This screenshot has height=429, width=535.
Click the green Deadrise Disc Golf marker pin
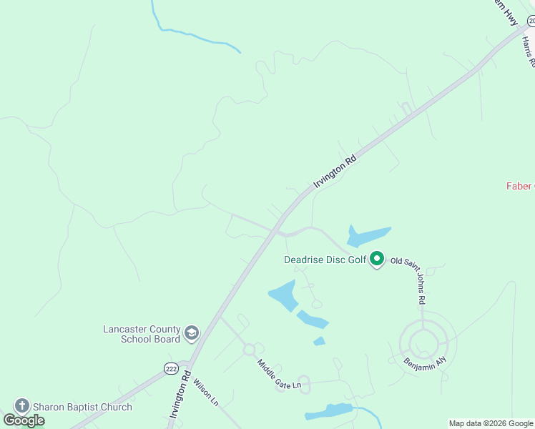[377, 259]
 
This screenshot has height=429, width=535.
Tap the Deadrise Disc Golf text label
[325, 260]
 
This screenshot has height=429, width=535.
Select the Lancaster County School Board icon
[192, 333]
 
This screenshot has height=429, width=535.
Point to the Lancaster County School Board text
[142, 334]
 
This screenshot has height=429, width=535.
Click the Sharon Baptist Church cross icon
[21, 406]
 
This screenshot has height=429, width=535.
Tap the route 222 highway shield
[170, 368]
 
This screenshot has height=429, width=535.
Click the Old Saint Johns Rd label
[416, 279]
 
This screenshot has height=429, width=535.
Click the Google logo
[24, 420]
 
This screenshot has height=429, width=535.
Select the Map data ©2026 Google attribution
[491, 423]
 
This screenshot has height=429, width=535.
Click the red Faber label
[519, 186]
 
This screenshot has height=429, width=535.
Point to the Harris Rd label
[528, 52]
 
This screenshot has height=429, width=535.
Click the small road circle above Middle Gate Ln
[249, 350]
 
